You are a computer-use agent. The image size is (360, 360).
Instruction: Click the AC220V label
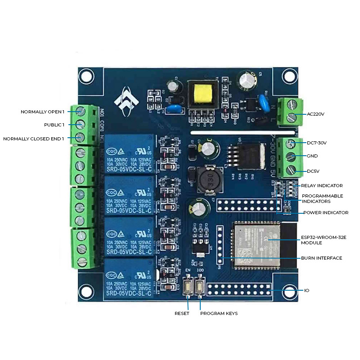(x=315, y=114)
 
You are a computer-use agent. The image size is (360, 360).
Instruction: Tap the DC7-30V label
(x=317, y=143)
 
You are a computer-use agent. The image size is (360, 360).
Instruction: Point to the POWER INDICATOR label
(x=326, y=212)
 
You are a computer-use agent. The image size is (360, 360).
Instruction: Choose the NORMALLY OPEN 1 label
(x=43, y=112)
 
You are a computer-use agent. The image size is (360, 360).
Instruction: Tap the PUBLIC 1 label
(x=54, y=125)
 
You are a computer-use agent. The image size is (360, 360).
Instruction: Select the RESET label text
(x=182, y=313)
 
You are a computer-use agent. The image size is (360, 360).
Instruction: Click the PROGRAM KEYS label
(x=219, y=313)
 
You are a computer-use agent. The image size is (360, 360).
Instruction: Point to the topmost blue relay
(x=128, y=153)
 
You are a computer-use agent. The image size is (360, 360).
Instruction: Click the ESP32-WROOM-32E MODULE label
(x=318, y=239)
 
